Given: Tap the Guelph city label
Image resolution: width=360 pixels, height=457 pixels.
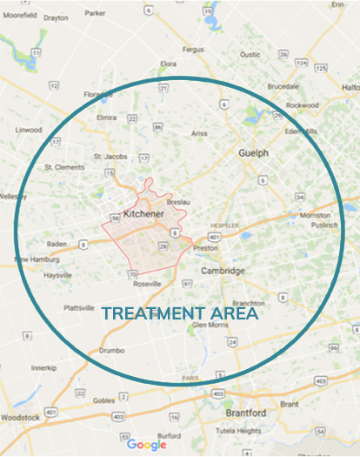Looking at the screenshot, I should (253, 152).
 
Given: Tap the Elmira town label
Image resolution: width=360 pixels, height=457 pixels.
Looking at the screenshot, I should (106, 117).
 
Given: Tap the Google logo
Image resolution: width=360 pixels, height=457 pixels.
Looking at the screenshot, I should (146, 445).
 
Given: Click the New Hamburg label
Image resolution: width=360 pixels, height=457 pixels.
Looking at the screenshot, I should (33, 259).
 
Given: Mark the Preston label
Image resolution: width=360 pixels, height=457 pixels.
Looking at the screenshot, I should (205, 247).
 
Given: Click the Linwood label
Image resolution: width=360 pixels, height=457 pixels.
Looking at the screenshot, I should (27, 131).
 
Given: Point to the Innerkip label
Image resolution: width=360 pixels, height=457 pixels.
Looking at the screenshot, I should (43, 367).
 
